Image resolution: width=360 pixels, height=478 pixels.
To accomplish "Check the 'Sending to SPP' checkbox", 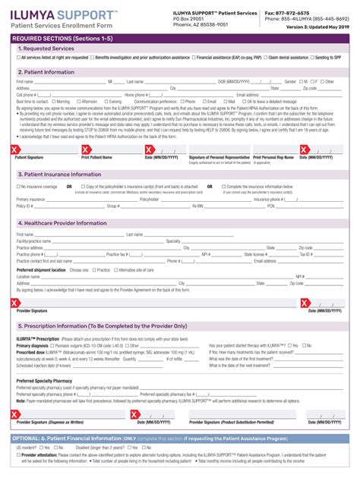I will pos(311,57).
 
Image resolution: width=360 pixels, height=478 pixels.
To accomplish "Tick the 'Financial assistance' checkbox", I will pos(193,57).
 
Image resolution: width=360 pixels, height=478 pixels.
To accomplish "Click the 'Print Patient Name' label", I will pos(96,158).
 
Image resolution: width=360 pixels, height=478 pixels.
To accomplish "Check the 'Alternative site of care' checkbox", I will pos(115,270).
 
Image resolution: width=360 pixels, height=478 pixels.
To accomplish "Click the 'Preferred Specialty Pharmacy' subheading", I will pos(44,381).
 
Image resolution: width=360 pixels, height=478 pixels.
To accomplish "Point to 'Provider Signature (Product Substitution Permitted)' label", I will pos(231,422).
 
